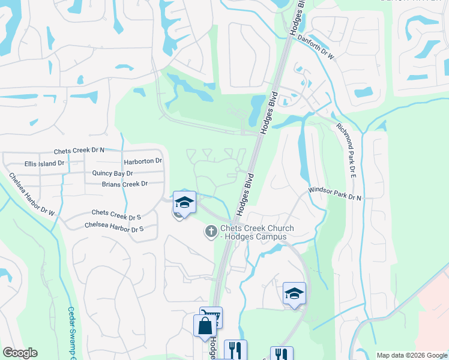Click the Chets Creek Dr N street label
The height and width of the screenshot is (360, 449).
pos(79,151)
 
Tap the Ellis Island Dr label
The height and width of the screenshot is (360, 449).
pos(44,163)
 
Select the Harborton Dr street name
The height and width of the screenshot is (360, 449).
pos(143,161)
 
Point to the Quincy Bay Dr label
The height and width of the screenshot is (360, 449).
pos(112,173)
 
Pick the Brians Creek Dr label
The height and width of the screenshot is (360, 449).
pos(124,184)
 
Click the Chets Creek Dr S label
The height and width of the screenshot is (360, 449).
pos(116,213)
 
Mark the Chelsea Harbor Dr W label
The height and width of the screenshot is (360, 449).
pos(31,194)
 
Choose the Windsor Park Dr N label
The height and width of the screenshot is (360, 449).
pos(335,193)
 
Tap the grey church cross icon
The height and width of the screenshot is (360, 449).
pos(211,231)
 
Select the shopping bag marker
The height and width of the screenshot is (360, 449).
pos(205,326)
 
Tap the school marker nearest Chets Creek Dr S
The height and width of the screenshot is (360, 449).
pos(184,202)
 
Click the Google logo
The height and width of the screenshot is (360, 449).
pos(20,353)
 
